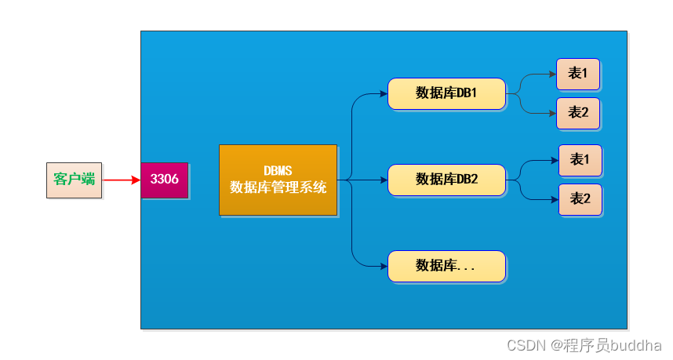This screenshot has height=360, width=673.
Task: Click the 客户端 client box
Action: [74, 180]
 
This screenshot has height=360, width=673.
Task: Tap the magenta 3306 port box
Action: [165, 180]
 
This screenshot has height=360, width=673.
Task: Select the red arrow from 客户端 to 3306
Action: [121, 180]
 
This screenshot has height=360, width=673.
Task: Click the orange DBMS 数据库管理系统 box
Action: [278, 180]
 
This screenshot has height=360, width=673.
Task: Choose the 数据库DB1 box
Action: [446, 93]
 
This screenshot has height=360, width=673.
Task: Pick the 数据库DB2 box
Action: [446, 180]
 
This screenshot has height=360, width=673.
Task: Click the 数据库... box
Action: [446, 266]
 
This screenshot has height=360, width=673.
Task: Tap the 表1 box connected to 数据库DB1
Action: [578, 74]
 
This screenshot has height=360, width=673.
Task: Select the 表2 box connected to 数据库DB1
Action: [578, 113]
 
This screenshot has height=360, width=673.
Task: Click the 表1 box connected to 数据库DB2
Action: [580, 160]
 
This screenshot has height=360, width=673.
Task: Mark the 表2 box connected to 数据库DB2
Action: [580, 199]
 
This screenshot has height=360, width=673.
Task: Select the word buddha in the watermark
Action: [638, 345]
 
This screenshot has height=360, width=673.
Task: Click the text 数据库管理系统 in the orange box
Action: [278, 187]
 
